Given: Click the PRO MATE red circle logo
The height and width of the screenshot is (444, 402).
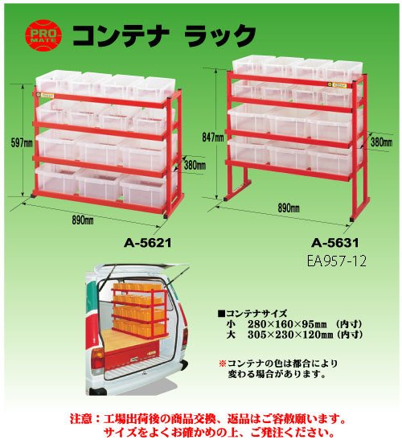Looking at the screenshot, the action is pos(43,35).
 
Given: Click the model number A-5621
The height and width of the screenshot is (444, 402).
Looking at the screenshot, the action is pos(148,243).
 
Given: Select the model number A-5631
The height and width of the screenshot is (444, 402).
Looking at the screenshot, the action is pos(335,243).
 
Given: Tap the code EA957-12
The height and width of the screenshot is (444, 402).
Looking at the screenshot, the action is pos(337,261).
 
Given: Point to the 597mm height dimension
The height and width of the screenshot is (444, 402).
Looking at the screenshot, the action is pos(22,143).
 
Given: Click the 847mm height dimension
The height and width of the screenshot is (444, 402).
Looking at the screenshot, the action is pos(212,138).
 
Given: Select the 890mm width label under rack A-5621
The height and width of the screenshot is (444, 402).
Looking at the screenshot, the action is pos(83,220).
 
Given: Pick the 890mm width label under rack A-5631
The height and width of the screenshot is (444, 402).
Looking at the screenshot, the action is pos(289,208).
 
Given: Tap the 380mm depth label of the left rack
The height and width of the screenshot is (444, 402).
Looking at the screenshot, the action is pos(195,165).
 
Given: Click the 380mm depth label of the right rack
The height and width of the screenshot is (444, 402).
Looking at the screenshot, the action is pos(382,142).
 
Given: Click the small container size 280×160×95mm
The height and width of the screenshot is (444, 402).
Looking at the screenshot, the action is pos(287,324).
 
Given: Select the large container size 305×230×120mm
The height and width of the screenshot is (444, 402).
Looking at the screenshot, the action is pos(290,335).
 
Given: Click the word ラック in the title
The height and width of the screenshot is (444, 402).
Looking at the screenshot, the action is pos(219,35).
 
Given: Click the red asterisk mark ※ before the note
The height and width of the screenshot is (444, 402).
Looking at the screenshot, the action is pos(223,364).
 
